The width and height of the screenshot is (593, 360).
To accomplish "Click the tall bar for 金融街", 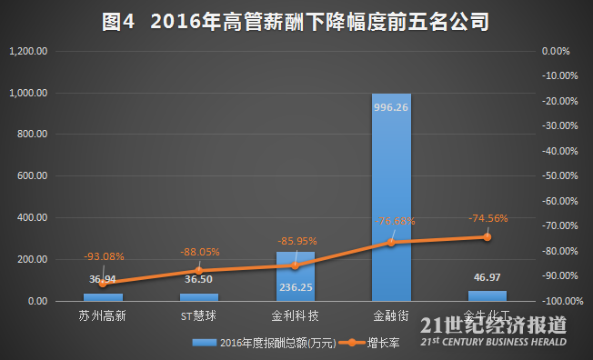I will (x=391, y=196).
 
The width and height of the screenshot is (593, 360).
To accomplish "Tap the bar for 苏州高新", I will (x=103, y=296).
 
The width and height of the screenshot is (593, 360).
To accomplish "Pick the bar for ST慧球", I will (x=199, y=296).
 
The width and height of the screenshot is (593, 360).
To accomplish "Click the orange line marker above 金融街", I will (x=391, y=242).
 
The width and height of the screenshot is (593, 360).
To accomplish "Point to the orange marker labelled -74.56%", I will (x=487, y=236).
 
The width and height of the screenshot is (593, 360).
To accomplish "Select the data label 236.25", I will (x=295, y=285).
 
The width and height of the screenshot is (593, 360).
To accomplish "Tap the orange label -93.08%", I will (x=104, y=257).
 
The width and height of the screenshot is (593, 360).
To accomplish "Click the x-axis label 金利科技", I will (x=295, y=317).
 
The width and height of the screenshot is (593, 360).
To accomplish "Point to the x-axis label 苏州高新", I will (x=103, y=317).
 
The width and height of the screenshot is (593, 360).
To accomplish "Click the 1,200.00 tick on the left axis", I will (x=27, y=52).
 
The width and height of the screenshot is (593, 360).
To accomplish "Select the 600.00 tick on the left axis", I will (x=34, y=176).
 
